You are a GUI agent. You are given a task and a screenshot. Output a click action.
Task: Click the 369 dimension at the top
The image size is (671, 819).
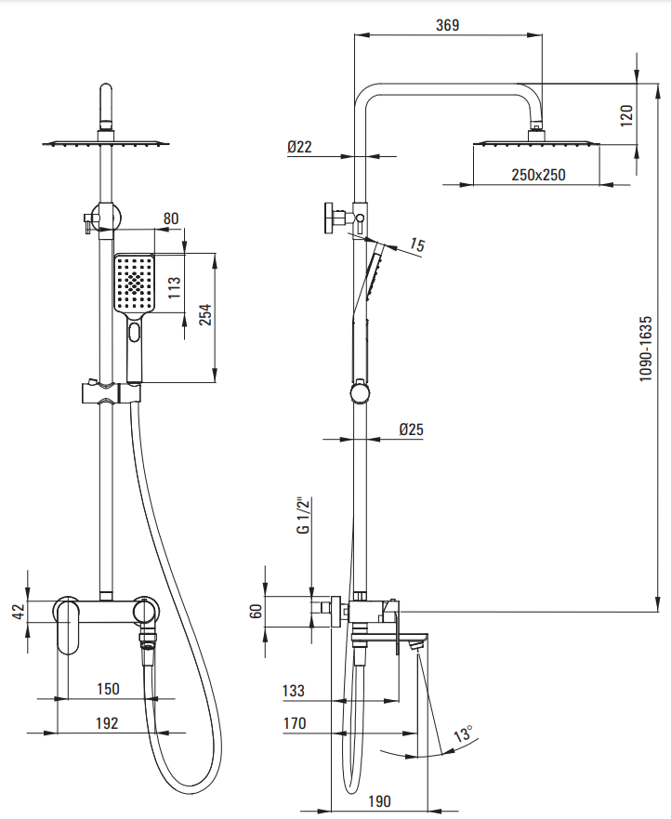(x=448, y=25)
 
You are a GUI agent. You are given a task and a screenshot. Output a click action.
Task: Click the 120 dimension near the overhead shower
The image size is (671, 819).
(x=626, y=114)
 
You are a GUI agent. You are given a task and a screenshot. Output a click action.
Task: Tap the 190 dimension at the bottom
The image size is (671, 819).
(x=379, y=800)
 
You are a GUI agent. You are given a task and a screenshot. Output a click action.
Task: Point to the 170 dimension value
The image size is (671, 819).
(x=295, y=722)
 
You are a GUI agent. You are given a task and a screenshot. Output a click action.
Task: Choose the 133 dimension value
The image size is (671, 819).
(x=294, y=691)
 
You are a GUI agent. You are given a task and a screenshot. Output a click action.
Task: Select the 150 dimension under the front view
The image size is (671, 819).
(x=108, y=689)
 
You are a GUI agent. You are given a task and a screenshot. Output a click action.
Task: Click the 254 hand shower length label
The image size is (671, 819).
(x=206, y=317)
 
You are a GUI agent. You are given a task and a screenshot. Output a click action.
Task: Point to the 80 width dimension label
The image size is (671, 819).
(x=170, y=219)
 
